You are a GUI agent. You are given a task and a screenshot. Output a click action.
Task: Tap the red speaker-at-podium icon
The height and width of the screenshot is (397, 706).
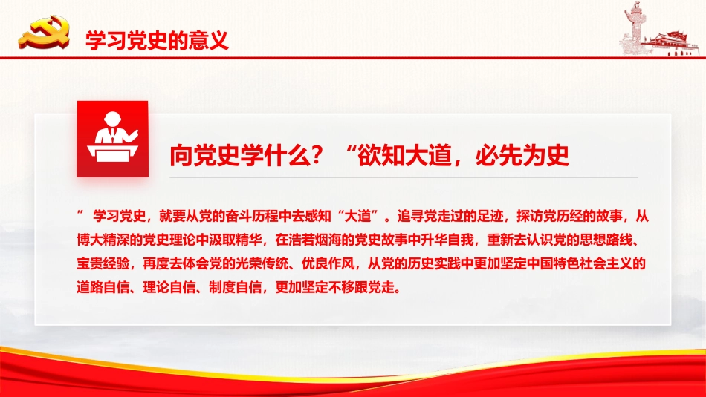(x=112, y=139)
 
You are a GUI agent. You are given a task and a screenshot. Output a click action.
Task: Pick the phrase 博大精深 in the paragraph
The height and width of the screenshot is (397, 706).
(x=102, y=240)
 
